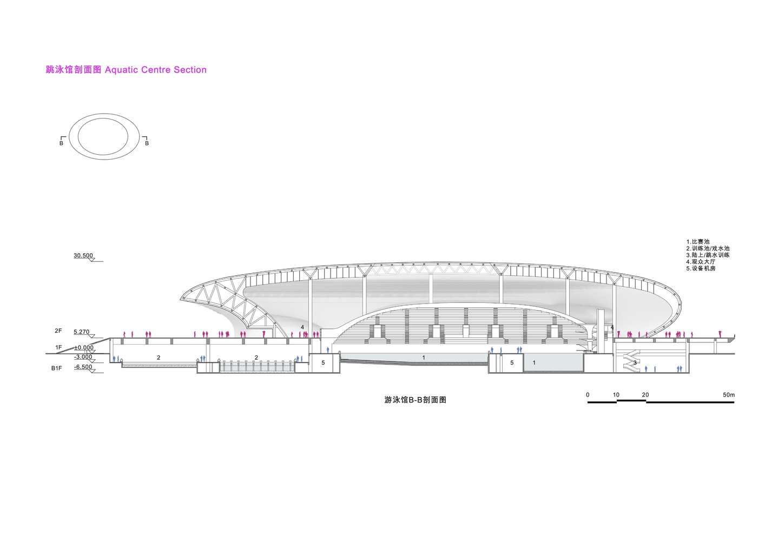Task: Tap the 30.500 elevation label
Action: pos(83,255)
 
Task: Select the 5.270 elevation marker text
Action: pos(82,332)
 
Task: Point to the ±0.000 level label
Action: pos(84,348)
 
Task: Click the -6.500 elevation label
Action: pos(83,367)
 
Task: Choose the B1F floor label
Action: pos(57,368)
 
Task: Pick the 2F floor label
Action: pos(58,331)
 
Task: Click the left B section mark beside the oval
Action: pos(62,143)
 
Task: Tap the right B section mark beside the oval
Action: pos(147,143)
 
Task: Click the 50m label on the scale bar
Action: pos(728,395)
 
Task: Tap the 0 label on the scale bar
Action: pos(588,395)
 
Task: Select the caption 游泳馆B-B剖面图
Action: pos(416,400)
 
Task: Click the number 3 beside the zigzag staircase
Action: pos(635,362)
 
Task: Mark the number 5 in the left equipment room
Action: pos(323,362)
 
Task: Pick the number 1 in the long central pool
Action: pos(424,358)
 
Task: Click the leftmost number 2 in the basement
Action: pos(159,358)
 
